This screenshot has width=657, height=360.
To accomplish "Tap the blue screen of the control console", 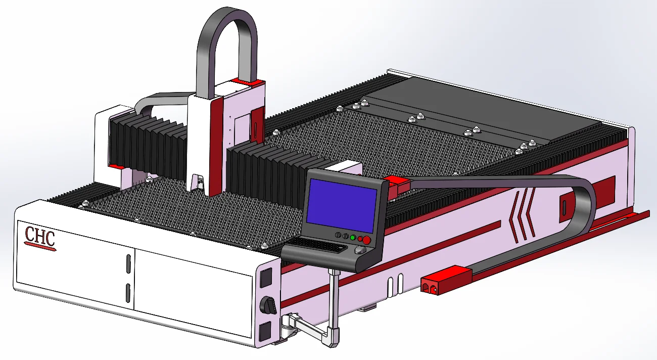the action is (x=342, y=205).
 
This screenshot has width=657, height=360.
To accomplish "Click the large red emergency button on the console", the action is (x=366, y=240).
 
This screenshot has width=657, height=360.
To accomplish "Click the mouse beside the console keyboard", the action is (x=360, y=250).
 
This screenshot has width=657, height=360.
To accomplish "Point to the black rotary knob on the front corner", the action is (x=268, y=305).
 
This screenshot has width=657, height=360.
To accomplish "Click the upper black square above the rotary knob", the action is (x=266, y=277).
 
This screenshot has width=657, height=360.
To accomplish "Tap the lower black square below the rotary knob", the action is (x=265, y=332).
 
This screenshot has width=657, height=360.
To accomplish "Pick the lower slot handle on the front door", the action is (x=128, y=293).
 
